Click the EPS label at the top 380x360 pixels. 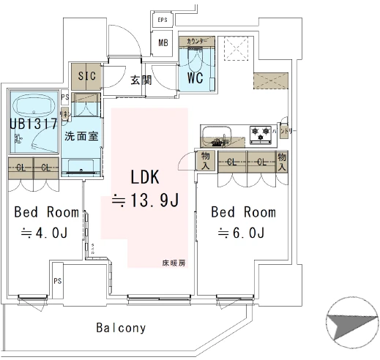163,20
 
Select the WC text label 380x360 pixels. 195,77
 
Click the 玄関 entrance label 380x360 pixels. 141,80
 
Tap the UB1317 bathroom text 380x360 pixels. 34,124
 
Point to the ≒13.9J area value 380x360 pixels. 145,200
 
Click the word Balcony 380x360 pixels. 121,328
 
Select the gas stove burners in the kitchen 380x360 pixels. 261,134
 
